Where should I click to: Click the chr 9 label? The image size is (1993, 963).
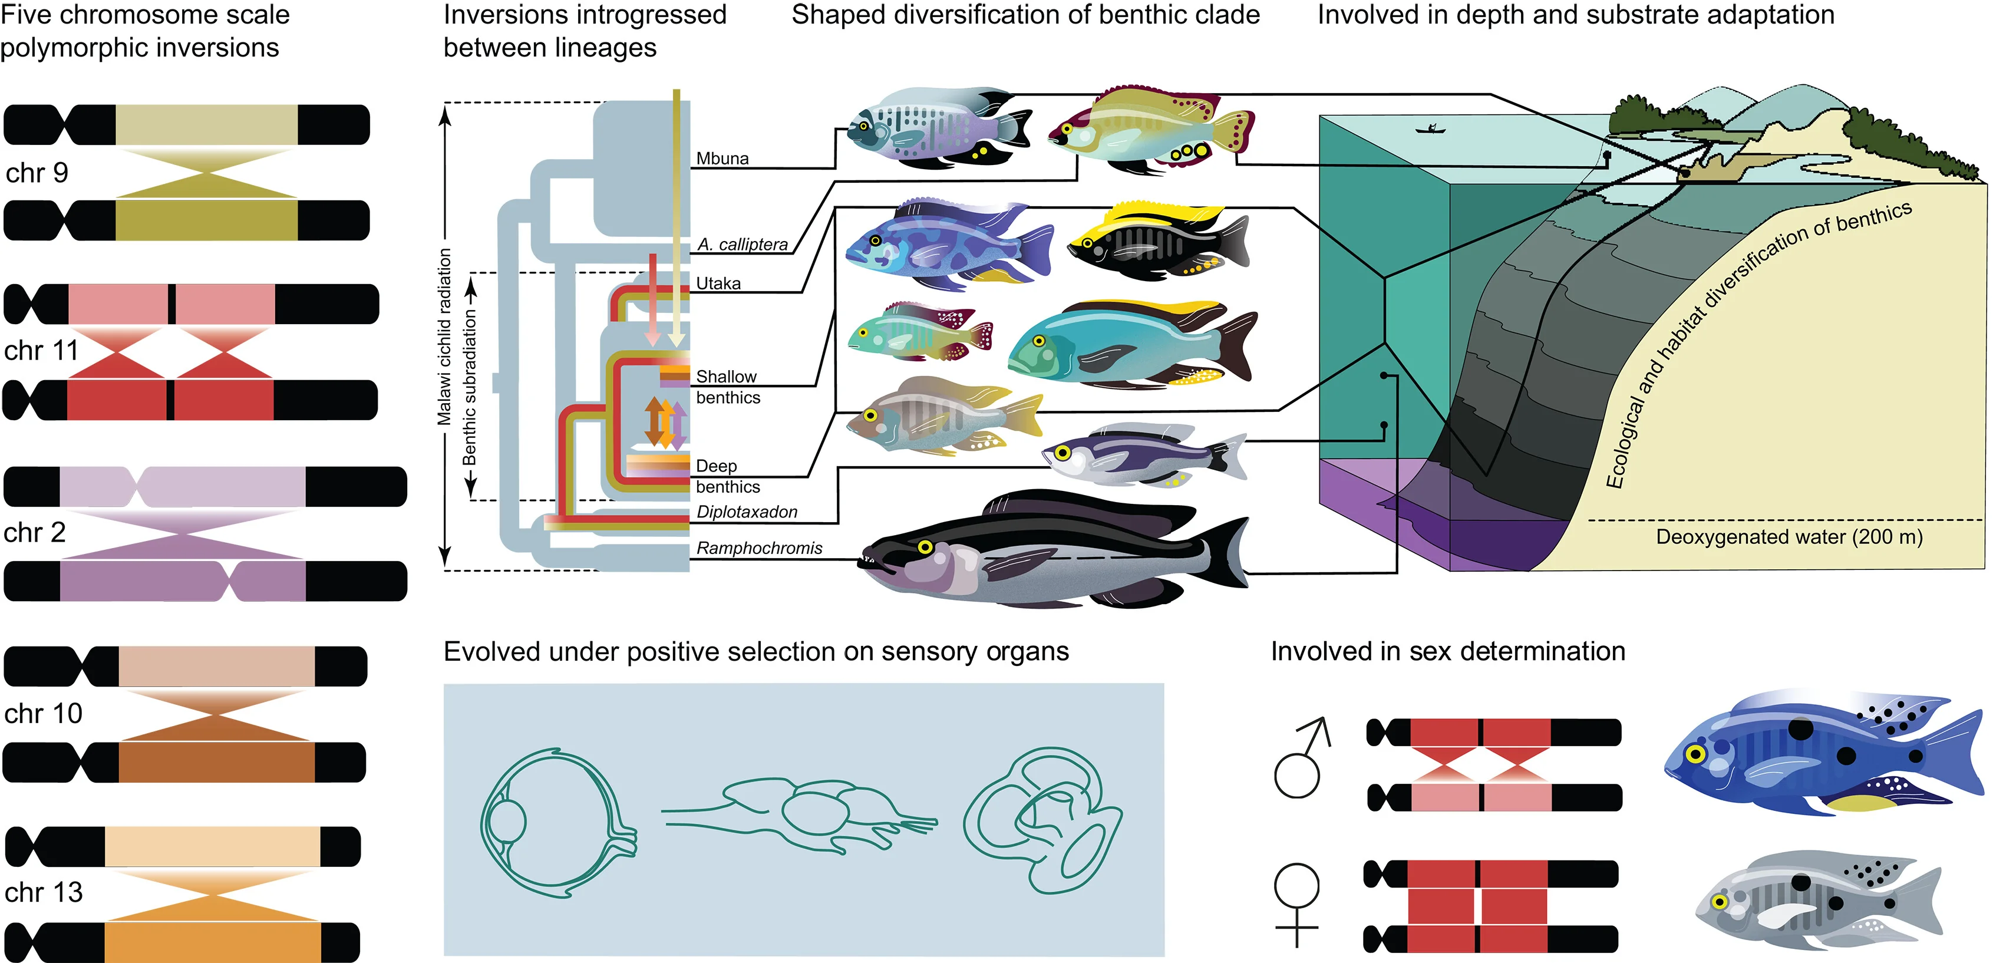(x=37, y=173)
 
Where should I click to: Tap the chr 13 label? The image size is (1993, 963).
(x=44, y=892)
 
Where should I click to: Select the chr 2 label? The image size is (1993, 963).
(x=34, y=532)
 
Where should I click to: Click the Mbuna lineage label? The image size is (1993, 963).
(x=722, y=159)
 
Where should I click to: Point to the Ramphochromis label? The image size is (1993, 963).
(x=759, y=548)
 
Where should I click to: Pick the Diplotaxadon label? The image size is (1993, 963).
(x=747, y=512)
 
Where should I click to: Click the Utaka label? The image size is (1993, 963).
(x=718, y=283)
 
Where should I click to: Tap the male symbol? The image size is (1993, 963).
(x=1301, y=758)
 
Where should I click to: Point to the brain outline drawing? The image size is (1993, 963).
(x=801, y=814)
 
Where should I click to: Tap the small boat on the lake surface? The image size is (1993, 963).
(x=1431, y=129)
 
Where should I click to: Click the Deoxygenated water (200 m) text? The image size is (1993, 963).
(x=1788, y=537)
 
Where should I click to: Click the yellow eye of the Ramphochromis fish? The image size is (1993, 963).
(x=925, y=547)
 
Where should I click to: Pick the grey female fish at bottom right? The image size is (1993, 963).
(x=1818, y=901)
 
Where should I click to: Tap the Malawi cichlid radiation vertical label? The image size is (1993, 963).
(x=444, y=337)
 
